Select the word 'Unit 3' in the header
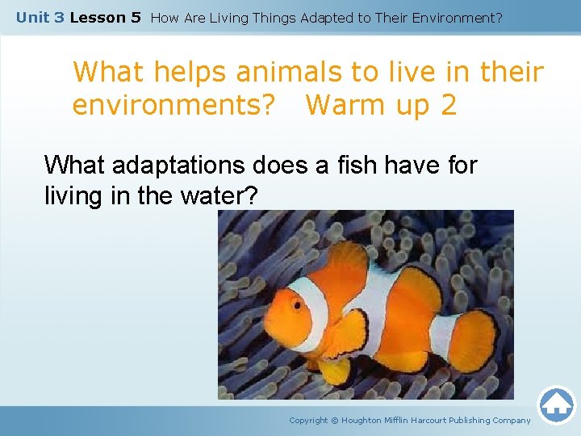pyautogui.click(x=40, y=17)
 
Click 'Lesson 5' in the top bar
pyautogui.click(x=106, y=17)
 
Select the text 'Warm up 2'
pyautogui.click(x=382, y=105)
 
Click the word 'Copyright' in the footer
pyautogui.click(x=308, y=420)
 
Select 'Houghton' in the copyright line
pyautogui.click(x=368, y=420)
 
